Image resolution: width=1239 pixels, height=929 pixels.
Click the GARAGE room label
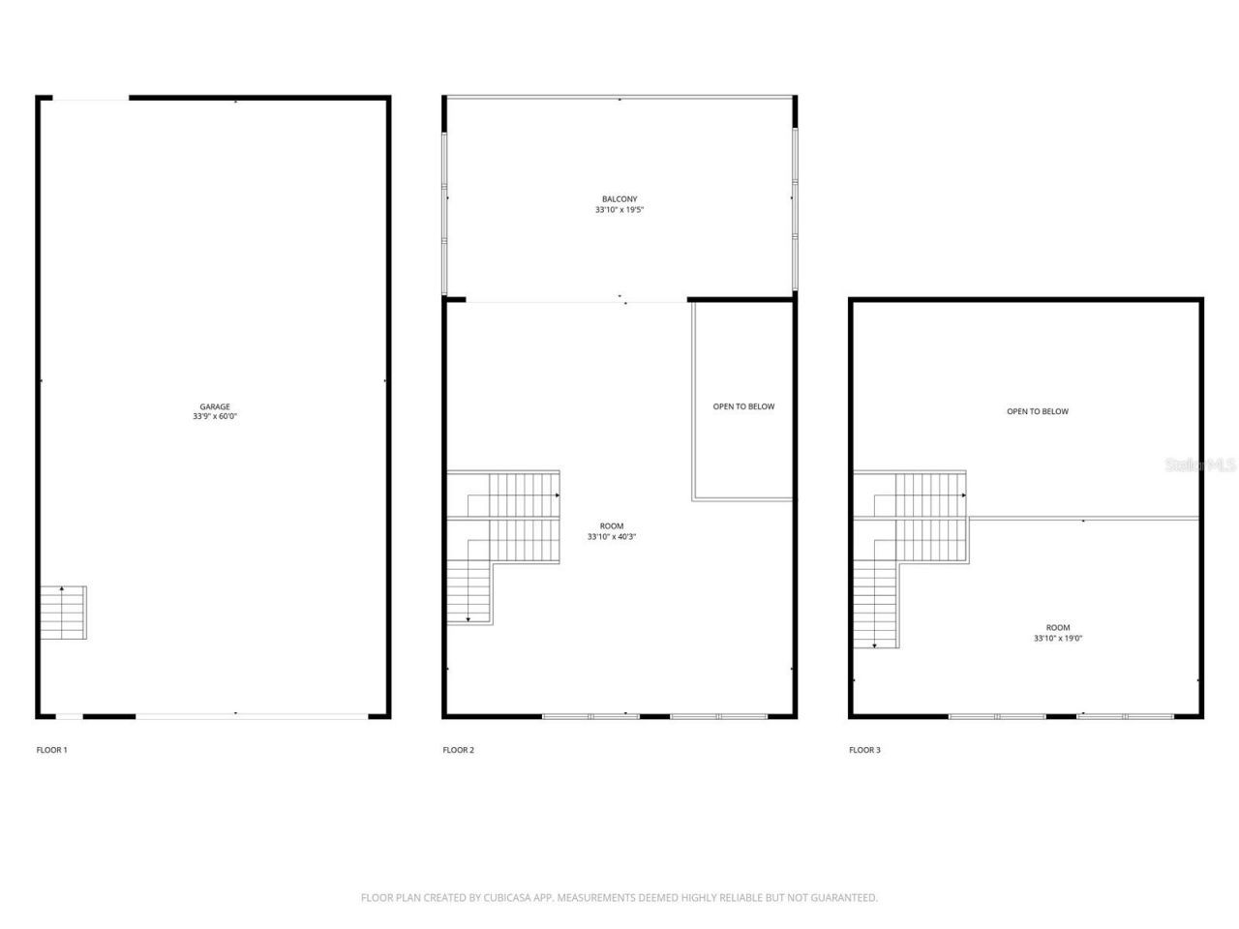pos(215,407)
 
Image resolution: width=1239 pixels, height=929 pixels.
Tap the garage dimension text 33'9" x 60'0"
pos(215,417)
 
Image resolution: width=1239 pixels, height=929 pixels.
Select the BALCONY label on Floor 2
pos(619,199)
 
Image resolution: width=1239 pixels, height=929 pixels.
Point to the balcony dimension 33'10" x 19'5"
pos(619,210)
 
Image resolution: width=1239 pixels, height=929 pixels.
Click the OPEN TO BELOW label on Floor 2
pos(743,406)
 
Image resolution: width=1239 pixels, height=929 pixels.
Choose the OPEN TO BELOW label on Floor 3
pos(1038,411)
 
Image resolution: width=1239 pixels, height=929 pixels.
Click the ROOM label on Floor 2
pos(612,526)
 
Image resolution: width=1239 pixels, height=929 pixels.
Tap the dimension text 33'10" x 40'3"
pos(612,537)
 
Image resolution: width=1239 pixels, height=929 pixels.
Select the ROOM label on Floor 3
pos(1058,628)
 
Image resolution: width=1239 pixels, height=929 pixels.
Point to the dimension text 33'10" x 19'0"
pos(1058,639)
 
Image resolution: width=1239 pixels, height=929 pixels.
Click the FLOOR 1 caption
pos(51,750)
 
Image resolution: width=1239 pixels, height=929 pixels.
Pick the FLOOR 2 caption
pos(458,750)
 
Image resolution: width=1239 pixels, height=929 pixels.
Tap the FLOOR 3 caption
pos(864,750)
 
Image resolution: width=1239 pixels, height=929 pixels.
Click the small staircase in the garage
pos(63,613)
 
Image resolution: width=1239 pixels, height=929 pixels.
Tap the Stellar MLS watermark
pos(1200,465)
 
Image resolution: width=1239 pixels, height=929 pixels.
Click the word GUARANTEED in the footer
pos(843,898)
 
